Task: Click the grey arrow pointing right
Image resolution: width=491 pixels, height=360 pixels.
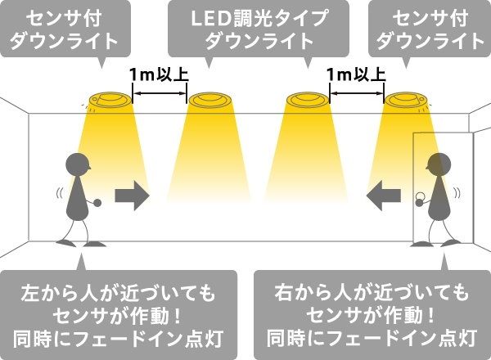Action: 132,196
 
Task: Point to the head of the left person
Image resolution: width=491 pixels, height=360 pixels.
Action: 78,164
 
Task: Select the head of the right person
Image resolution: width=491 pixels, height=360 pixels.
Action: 437,164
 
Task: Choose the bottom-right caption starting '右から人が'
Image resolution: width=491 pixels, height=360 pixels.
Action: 372,314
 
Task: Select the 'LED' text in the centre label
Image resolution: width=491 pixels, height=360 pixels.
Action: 208,17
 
